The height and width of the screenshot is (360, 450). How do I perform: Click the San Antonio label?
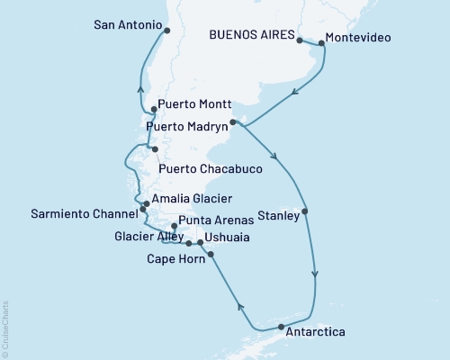pyautogui.click(x=128, y=25)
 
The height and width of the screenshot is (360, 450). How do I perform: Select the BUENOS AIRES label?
pyautogui.click(x=251, y=36)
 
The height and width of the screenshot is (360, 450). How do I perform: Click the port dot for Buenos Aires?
pyautogui.click(x=299, y=41)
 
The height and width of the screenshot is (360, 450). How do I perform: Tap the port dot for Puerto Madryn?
pyautogui.click(x=232, y=121)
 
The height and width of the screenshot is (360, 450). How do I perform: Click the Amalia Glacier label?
pyautogui.click(x=193, y=199)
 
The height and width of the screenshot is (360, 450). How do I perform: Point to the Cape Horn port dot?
pyautogui.click(x=211, y=255)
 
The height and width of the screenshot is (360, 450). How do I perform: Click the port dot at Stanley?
pyautogui.click(x=306, y=212)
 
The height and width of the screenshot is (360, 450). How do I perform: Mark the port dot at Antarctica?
pyautogui.click(x=281, y=327)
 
